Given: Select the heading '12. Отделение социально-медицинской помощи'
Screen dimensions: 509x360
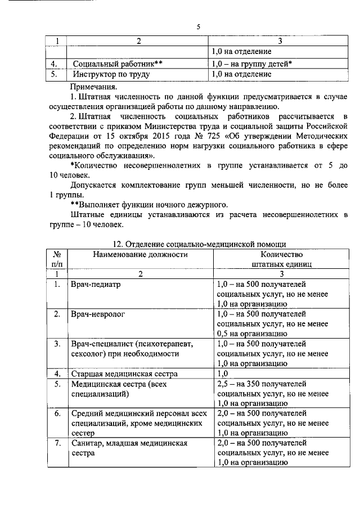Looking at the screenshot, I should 199,244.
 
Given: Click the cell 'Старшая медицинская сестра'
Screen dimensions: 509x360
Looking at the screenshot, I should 124,374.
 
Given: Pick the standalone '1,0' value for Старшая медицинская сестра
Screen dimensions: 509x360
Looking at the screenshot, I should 222,374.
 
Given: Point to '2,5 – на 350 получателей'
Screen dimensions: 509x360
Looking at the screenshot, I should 262,384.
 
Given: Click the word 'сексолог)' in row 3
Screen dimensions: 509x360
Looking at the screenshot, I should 89,354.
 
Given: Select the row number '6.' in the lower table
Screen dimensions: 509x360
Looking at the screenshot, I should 57,413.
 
